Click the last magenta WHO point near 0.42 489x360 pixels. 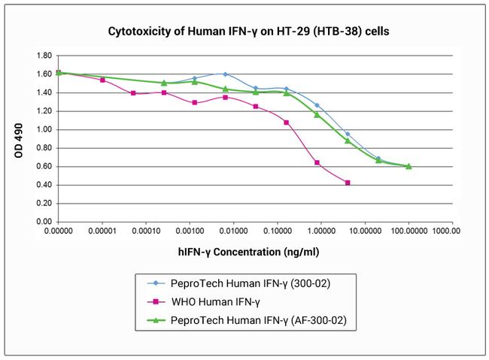[347, 183]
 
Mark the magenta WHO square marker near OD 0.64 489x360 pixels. [317, 162]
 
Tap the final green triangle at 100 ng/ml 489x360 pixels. [409, 166]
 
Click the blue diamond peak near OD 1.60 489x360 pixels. [225, 74]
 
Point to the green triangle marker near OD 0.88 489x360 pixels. [347, 141]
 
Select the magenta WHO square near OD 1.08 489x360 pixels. [287, 122]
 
